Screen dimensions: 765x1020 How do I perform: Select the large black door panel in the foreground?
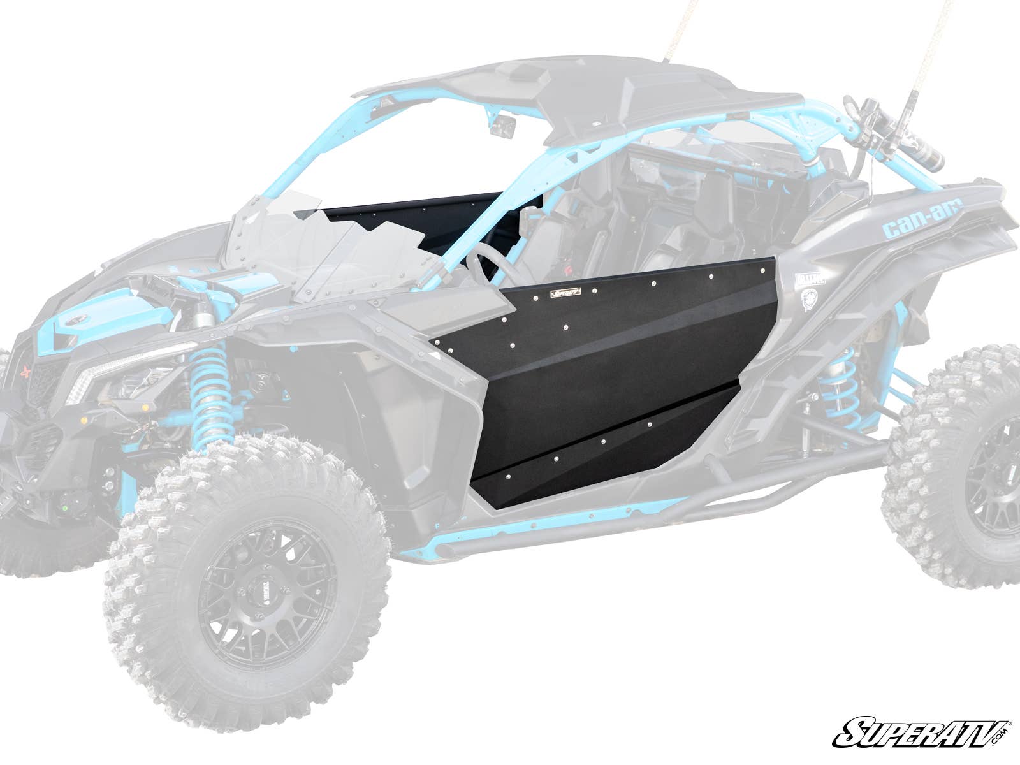coord(606,370)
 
